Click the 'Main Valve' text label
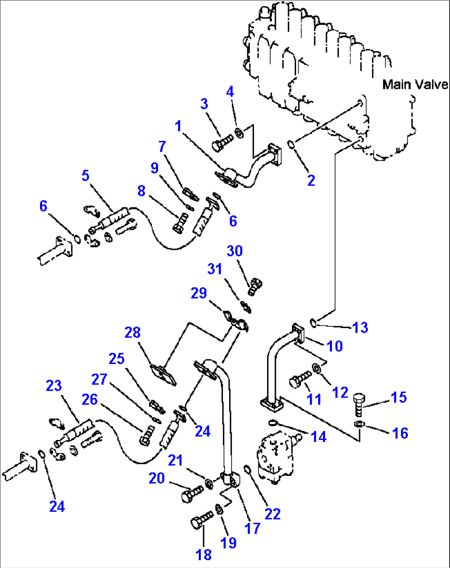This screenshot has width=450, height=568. pos(414,84)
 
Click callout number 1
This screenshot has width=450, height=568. pos(178,126)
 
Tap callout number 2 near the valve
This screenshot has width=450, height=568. pos(311,180)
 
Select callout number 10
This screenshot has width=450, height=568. pos(334,346)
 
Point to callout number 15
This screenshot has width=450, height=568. pos(398,397)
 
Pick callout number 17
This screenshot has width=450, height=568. pos(252,528)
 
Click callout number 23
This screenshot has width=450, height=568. pos(54,385)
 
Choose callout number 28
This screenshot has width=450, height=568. pos(133,332)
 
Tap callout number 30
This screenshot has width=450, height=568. pos(234,251)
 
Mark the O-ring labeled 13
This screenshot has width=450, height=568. pos(314,322)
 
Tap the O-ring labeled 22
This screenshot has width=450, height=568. pos(247,470)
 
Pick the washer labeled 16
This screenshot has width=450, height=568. pos(360,424)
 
